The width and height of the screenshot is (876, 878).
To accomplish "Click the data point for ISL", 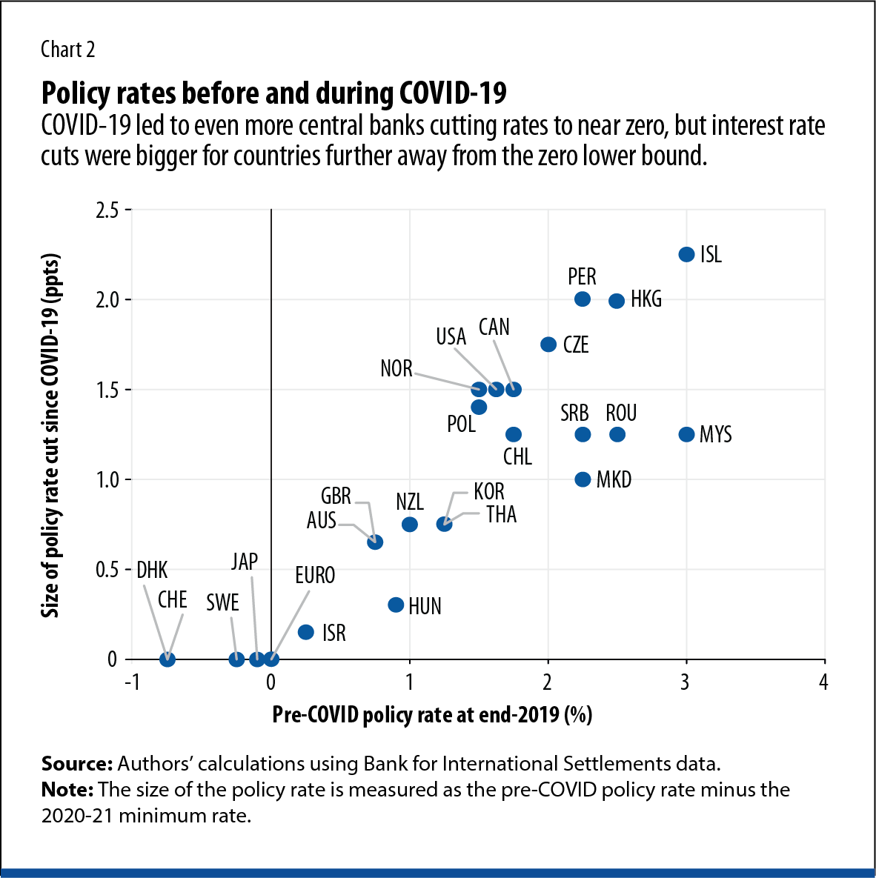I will (686, 254).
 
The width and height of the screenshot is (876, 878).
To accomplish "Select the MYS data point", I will (686, 434).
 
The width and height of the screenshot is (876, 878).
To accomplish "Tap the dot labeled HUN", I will (396, 605).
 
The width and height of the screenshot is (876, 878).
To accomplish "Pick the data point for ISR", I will (305, 632).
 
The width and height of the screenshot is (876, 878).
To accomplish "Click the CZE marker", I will (548, 345).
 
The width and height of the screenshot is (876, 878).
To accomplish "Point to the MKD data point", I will (583, 479).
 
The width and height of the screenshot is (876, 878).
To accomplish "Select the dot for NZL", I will (409, 524).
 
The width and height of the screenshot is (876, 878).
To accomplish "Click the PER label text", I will (582, 277).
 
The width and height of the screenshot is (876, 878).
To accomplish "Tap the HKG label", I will (646, 299).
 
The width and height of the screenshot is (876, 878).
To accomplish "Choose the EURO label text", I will (315, 576).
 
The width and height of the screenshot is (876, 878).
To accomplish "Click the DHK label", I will (153, 570).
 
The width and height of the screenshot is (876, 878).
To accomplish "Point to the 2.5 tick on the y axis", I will (107, 210).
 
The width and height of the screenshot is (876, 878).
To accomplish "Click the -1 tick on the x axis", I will (132, 682).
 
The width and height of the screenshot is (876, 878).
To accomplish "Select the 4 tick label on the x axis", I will (823, 682).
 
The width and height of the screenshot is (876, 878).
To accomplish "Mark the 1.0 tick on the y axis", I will (107, 479).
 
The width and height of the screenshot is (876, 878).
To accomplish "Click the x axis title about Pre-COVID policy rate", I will (432, 715).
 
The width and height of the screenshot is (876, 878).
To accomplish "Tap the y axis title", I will (50, 436).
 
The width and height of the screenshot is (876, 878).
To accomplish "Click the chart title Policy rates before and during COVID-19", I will (274, 93).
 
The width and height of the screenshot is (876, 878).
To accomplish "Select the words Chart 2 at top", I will (68, 50).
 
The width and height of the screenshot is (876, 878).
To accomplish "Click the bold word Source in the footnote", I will (76, 764).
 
